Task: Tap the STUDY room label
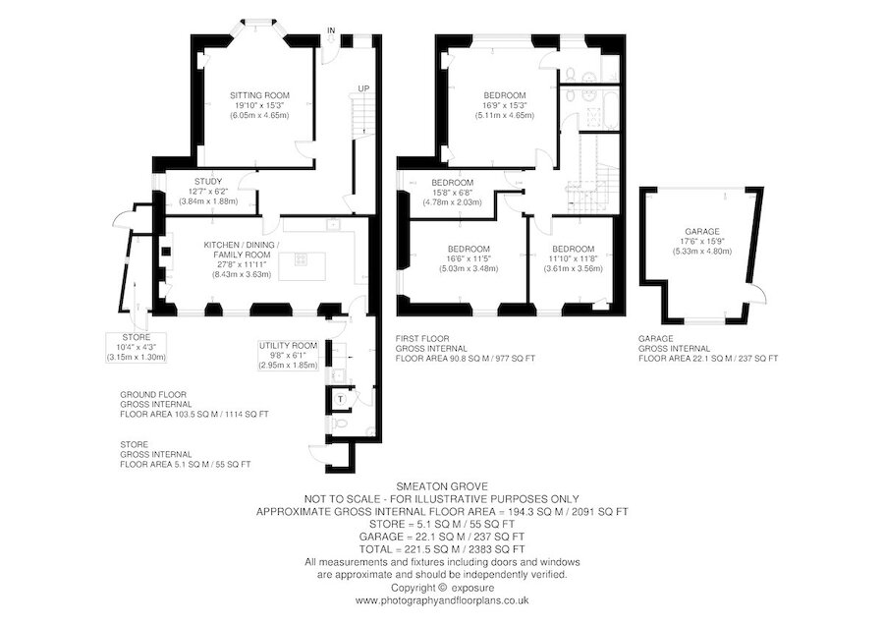[208, 181]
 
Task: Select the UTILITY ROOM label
[288, 346]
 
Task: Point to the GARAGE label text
[702, 231]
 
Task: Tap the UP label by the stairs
[363, 88]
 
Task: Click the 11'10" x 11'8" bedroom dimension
[575, 258]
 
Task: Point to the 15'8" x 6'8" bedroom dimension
[452, 193]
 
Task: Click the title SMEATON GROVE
[441, 485]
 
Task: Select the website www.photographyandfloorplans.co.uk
[441, 599]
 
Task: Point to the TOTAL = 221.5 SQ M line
[441, 549]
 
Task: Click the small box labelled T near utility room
[340, 399]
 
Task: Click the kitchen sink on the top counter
[334, 225]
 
